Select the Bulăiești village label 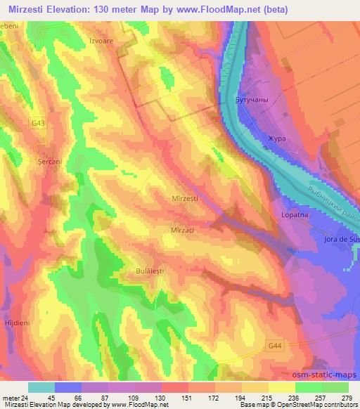(150, 270)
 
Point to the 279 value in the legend (347, 397)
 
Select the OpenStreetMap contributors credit (316, 405)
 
